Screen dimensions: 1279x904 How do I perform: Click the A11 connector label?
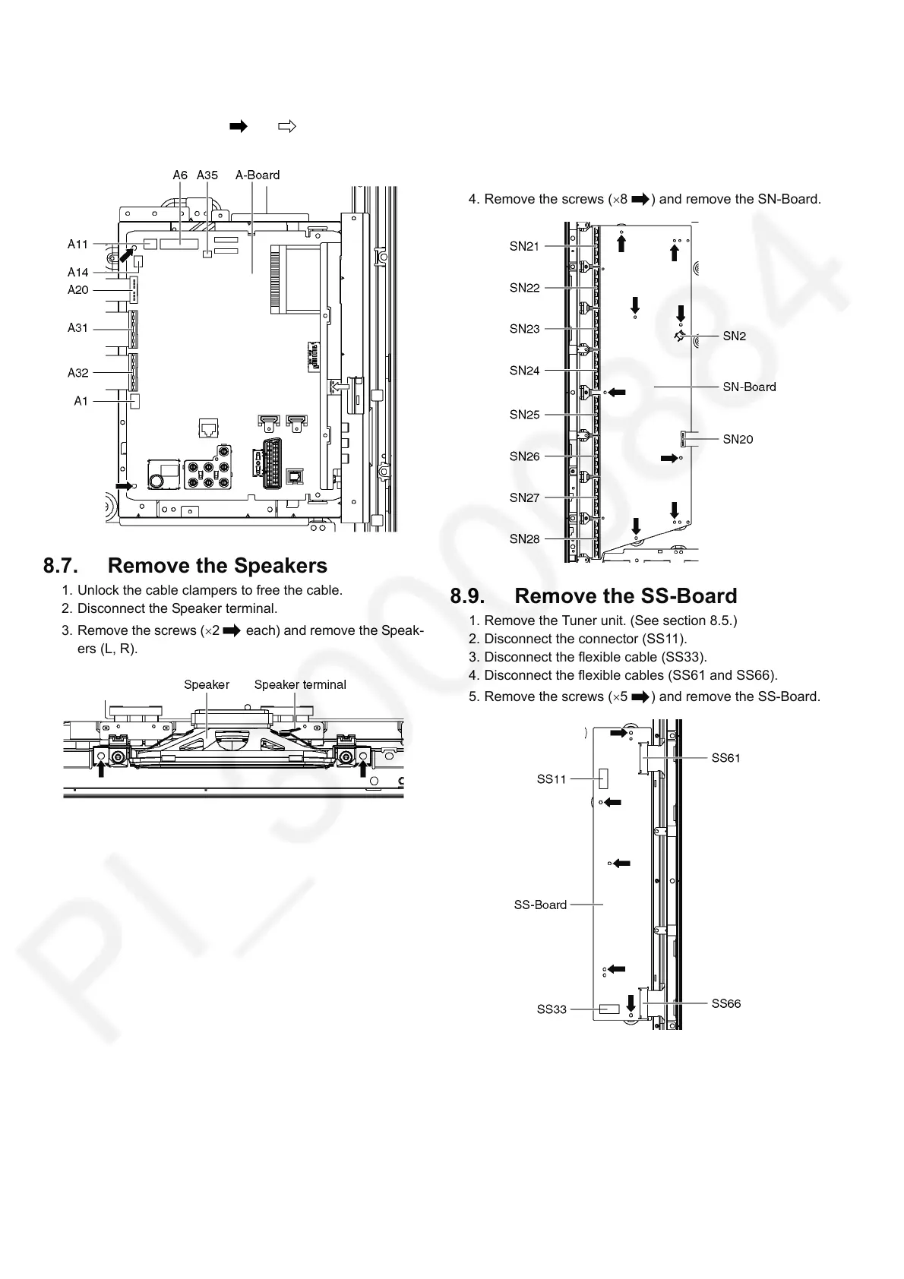point(77,244)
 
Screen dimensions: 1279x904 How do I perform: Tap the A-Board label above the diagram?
point(258,175)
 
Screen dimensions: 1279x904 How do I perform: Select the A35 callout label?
point(207,175)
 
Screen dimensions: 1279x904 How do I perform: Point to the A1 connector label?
point(81,401)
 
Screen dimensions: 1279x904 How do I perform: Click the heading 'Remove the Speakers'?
point(217,566)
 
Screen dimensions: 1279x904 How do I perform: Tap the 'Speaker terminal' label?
point(300,684)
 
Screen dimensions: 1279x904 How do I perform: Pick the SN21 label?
point(524,246)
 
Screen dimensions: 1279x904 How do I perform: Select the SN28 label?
point(524,538)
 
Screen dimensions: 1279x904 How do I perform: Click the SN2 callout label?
point(735,336)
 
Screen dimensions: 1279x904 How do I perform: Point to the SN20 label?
point(738,439)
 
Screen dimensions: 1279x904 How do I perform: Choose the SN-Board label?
point(749,387)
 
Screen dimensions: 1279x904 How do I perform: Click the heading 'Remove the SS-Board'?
point(625,596)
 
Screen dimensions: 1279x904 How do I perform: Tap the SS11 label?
point(552,778)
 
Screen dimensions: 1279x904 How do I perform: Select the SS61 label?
point(725,758)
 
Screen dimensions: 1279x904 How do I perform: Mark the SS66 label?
point(725,1003)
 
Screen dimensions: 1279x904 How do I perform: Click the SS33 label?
point(552,1009)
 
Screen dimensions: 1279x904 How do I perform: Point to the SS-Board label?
point(540,905)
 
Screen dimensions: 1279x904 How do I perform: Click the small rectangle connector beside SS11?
point(604,778)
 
